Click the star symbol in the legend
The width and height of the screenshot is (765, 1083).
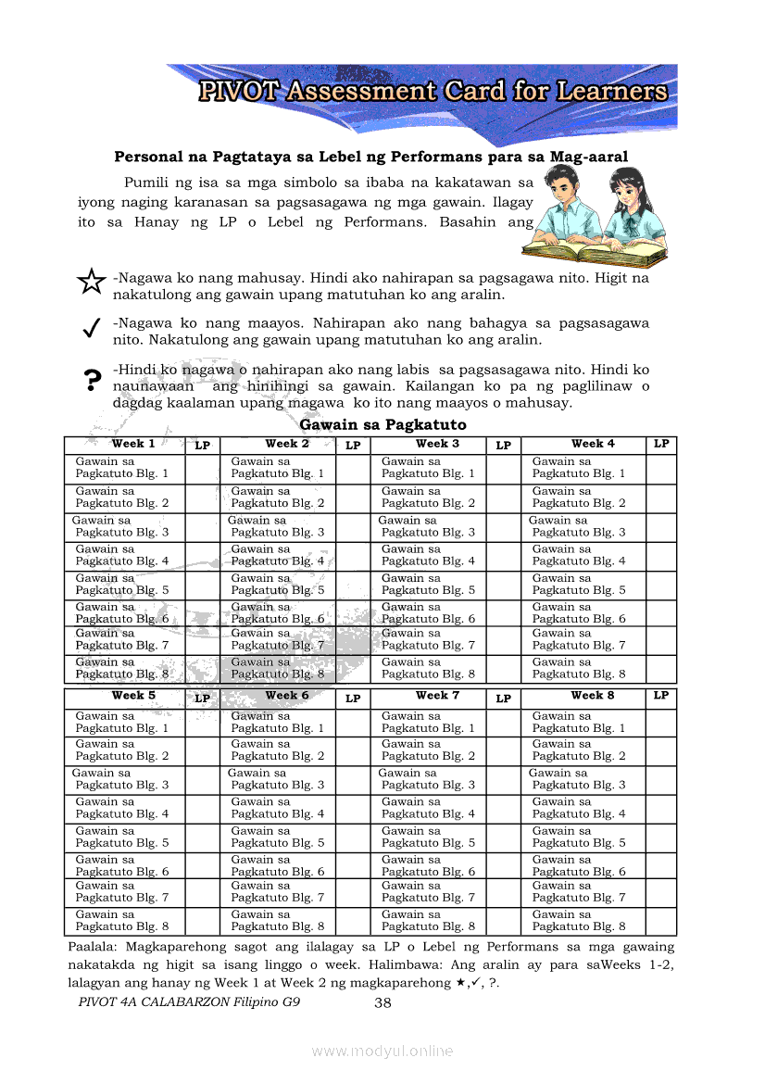coord(91,282)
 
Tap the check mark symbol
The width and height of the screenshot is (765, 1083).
coord(91,329)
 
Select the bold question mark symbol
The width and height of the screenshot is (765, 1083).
coord(91,380)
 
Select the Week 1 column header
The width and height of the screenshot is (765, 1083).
coord(133,444)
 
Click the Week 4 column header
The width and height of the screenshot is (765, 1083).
coord(593,444)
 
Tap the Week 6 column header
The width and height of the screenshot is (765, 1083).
coord(287,696)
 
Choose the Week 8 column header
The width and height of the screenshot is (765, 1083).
coord(593,696)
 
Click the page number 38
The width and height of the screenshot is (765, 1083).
coord(383,1002)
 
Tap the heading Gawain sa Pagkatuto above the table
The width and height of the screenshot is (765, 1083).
coord(382,424)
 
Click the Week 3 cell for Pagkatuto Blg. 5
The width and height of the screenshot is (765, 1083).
coord(428,585)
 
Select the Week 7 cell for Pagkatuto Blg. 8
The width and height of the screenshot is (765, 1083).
coord(428,921)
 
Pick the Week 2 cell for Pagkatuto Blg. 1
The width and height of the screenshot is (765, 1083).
coord(277,468)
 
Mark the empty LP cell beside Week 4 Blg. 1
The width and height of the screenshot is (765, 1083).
coord(660,468)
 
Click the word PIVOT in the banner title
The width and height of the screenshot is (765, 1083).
coord(239,92)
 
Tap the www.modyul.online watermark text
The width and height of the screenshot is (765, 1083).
coord(382,1051)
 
